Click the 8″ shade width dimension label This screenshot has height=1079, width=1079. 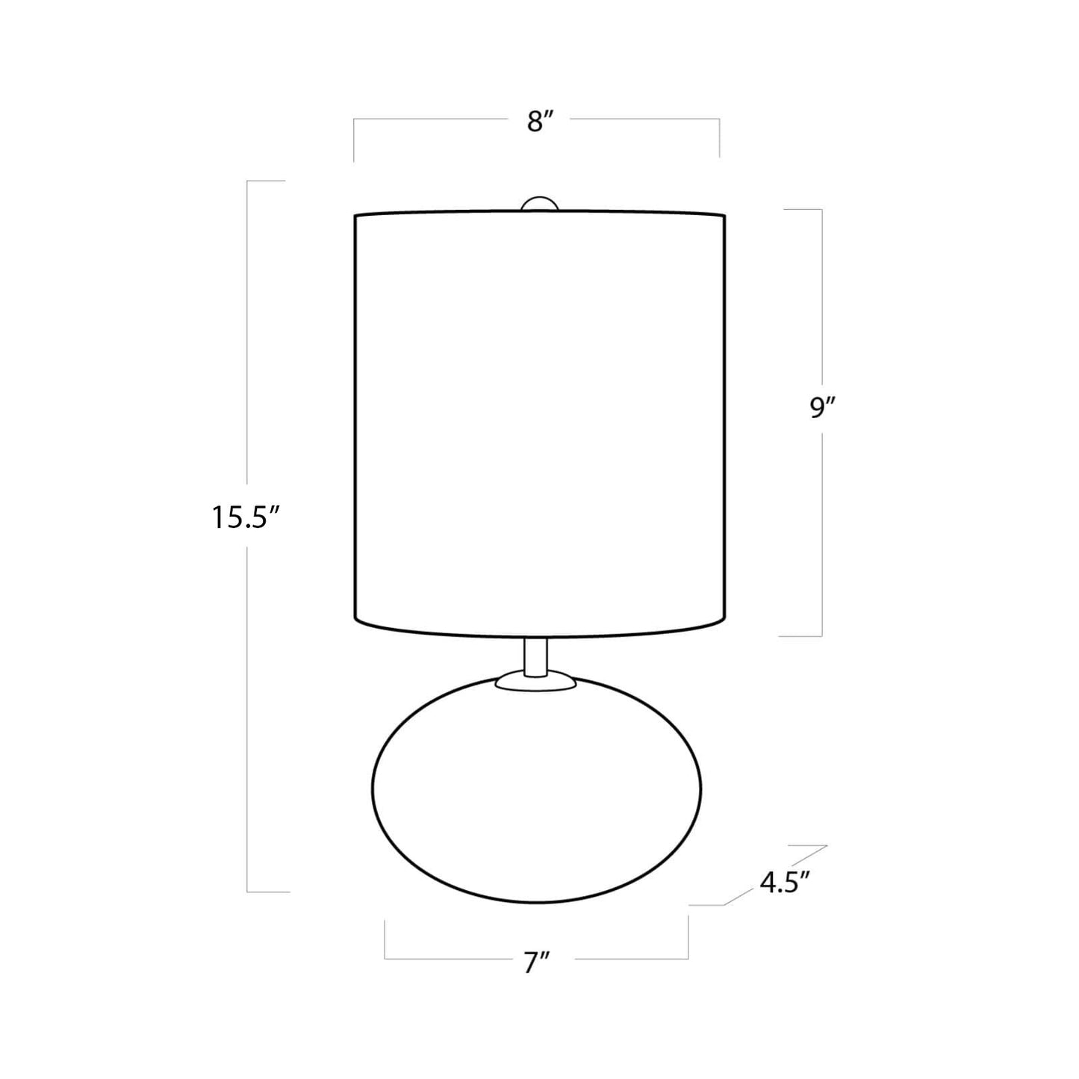click(541, 121)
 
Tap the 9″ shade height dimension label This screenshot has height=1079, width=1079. click(821, 408)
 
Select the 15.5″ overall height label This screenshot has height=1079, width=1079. click(245, 518)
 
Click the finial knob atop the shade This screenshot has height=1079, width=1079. click(540, 204)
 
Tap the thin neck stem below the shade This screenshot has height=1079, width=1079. click(536, 657)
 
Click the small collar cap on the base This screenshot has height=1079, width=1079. click(536, 681)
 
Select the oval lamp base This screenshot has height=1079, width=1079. click(536, 797)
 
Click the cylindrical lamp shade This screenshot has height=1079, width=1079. click(541, 424)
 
